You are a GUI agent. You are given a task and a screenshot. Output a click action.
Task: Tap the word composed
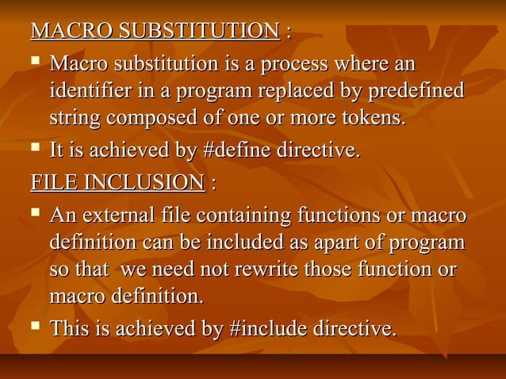tap(158, 120)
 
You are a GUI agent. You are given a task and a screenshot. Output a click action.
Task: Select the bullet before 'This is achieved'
tap(35, 326)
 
